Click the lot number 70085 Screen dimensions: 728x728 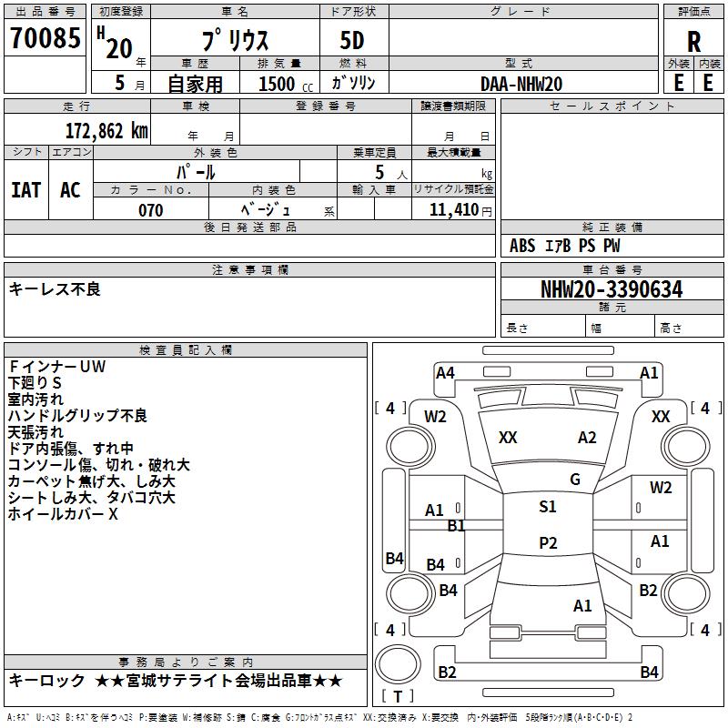pyautogui.click(x=45, y=37)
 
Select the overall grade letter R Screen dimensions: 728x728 pyautogui.click(x=693, y=42)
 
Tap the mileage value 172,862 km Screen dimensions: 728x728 pyautogui.click(x=106, y=131)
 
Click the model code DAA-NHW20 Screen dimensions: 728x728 pyautogui.click(x=521, y=84)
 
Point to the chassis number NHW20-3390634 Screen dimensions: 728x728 pyautogui.click(x=612, y=289)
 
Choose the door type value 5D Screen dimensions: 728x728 pyautogui.click(x=352, y=41)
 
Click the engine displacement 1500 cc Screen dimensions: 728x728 pyautogui.click(x=286, y=84)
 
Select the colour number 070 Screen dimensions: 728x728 pyautogui.click(x=151, y=210)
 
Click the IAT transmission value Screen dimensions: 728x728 pyautogui.click(x=26, y=190)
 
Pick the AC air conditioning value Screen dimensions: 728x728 pyautogui.click(x=71, y=190)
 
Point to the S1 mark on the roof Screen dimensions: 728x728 pyautogui.click(x=548, y=507)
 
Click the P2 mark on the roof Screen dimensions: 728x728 pyautogui.click(x=548, y=542)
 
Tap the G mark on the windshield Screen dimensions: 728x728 pyautogui.click(x=575, y=479)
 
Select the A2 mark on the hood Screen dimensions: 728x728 pyautogui.click(x=587, y=438)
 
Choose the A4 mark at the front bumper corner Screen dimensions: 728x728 pyautogui.click(x=445, y=373)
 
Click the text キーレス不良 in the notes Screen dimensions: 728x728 pyautogui.click(x=55, y=288)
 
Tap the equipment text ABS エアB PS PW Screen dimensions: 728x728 pyautogui.click(x=564, y=246)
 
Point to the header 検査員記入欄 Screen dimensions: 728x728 pyautogui.click(x=186, y=350)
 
